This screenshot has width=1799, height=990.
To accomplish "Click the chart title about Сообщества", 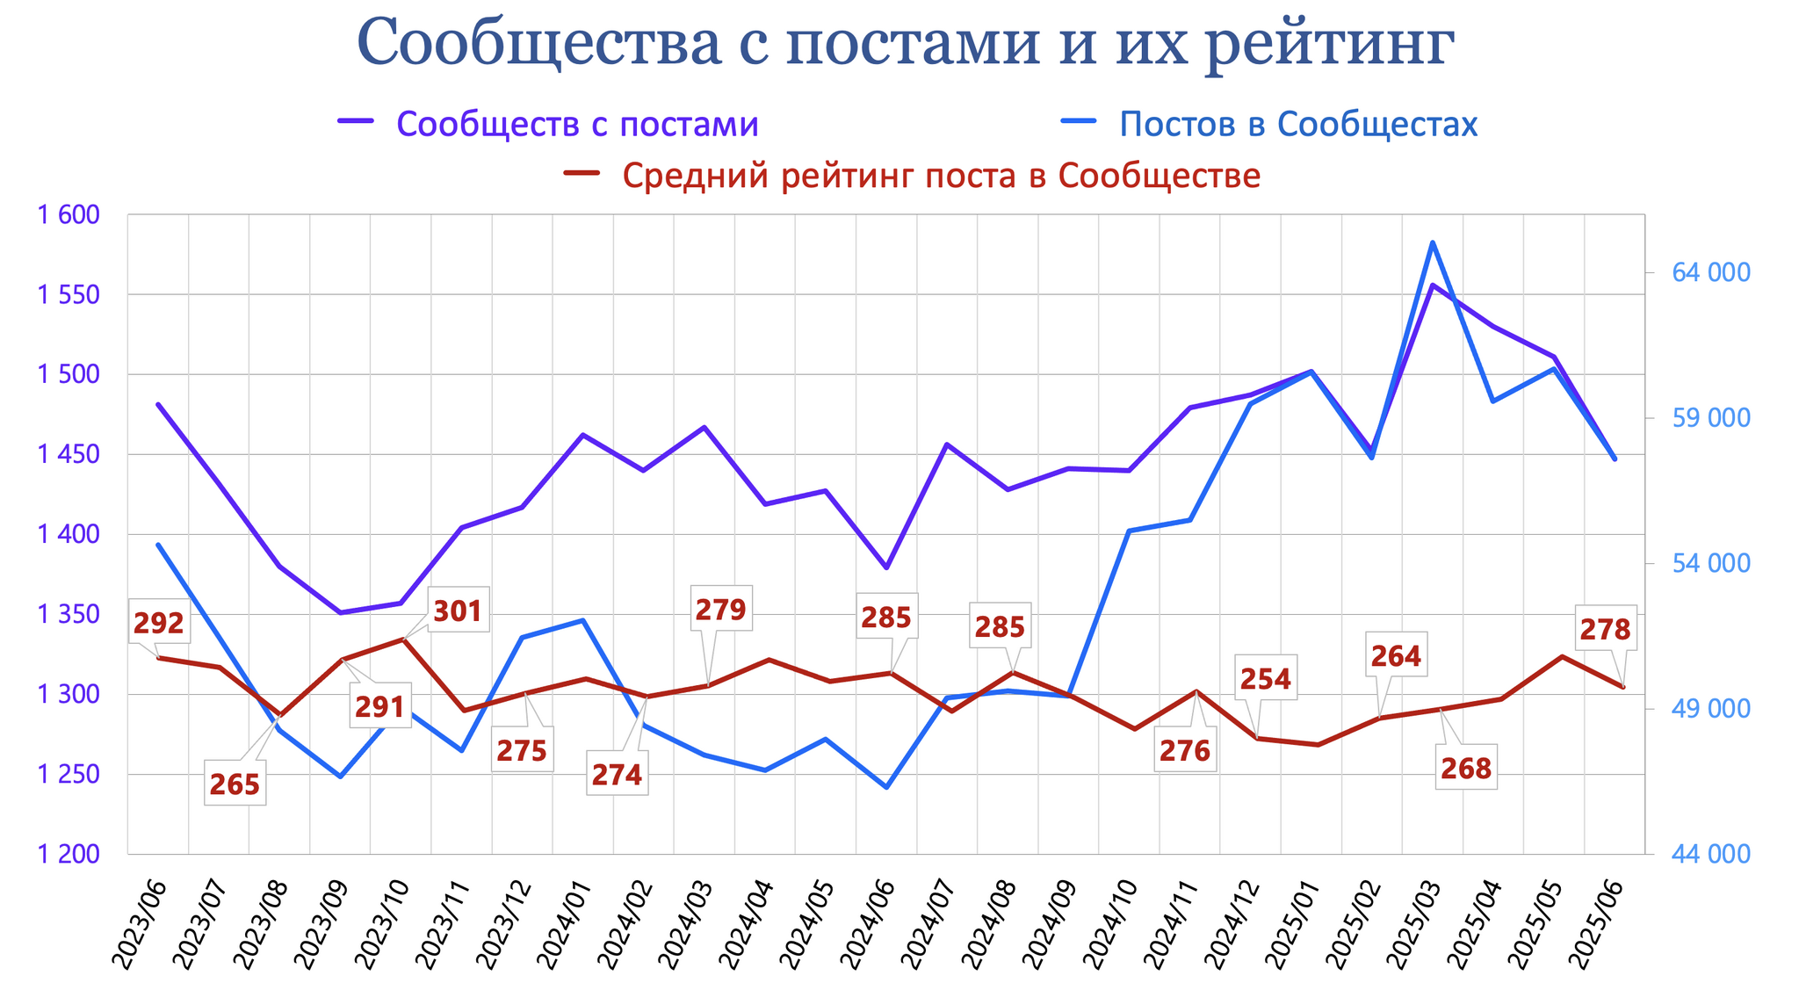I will point(905,42).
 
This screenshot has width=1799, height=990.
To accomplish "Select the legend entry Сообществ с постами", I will point(576,125).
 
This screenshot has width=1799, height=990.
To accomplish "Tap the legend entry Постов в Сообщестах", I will point(1298,125).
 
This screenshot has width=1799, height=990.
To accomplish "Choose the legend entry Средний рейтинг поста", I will point(941,176).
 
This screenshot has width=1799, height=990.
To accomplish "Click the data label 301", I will point(458,611).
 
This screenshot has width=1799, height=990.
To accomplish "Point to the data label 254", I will point(1266,679).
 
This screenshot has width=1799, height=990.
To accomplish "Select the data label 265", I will point(235,784).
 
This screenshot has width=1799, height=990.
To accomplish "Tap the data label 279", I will point(720,610).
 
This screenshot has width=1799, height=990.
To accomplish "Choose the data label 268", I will point(1466,769).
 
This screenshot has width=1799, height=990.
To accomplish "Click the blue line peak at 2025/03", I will point(1433,242).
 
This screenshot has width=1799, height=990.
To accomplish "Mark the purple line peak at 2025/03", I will point(1433,285).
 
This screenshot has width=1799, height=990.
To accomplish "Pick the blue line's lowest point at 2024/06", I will point(886,787).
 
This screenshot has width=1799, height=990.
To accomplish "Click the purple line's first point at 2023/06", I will point(158,404).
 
